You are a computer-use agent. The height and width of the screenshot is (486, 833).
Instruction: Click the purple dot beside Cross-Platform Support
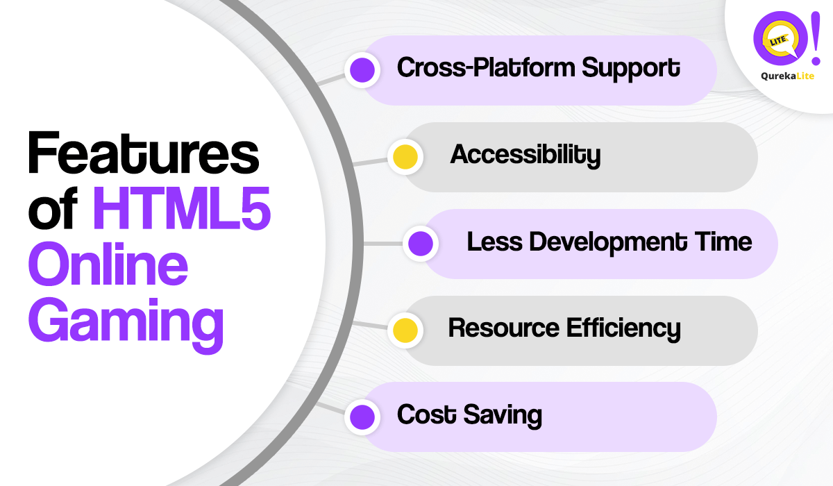coord(362,70)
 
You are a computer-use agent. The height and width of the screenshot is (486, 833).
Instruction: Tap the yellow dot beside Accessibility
coord(405,157)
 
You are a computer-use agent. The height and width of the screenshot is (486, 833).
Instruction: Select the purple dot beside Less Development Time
coord(421,244)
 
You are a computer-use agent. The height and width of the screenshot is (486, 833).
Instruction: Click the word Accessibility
coord(525,155)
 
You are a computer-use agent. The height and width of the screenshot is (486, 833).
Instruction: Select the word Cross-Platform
coord(485,68)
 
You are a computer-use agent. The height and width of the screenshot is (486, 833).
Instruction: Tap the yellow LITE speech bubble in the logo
coord(776,43)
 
